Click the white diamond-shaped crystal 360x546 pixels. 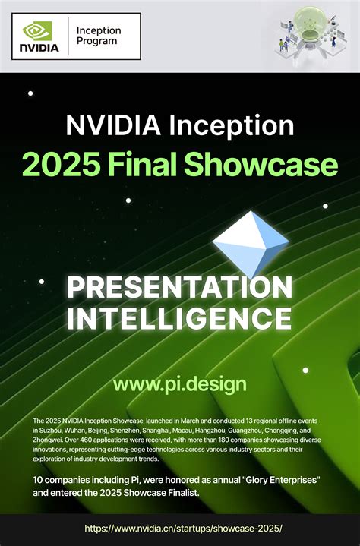251,242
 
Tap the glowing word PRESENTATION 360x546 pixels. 179,287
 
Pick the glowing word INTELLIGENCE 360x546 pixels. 179,317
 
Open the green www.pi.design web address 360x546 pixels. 180,384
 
